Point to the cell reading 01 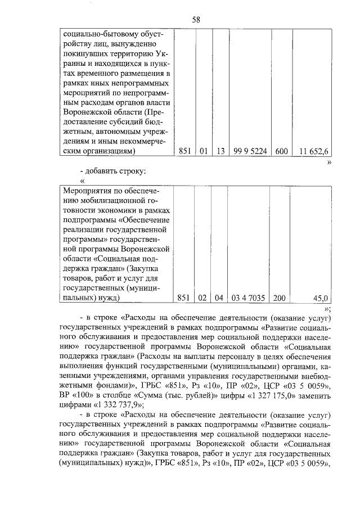coord(203,151)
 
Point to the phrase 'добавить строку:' coord(116,170)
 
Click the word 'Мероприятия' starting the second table coord(88,192)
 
